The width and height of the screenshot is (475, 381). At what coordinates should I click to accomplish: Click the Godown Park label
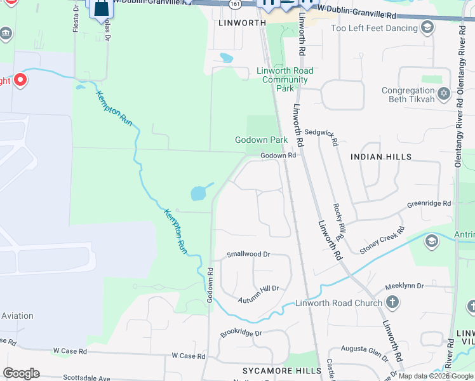261,140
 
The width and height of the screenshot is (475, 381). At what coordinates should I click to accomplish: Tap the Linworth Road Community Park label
285,79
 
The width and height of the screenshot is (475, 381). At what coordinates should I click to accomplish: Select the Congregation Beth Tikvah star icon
444,94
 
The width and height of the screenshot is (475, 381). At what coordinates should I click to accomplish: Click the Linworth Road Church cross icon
392,302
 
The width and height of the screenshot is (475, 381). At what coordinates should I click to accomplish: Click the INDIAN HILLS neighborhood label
381,156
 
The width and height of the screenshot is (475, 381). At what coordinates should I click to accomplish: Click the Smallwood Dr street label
248,254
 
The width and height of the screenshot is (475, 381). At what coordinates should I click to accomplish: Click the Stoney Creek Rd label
382,242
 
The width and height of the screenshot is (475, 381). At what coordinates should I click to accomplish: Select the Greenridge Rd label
429,204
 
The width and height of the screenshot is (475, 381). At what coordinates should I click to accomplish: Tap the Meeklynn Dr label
403,286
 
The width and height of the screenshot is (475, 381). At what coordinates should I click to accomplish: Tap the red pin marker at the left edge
20,79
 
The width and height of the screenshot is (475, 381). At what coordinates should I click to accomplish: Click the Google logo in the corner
21,373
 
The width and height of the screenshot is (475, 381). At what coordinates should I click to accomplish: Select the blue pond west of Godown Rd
199,192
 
